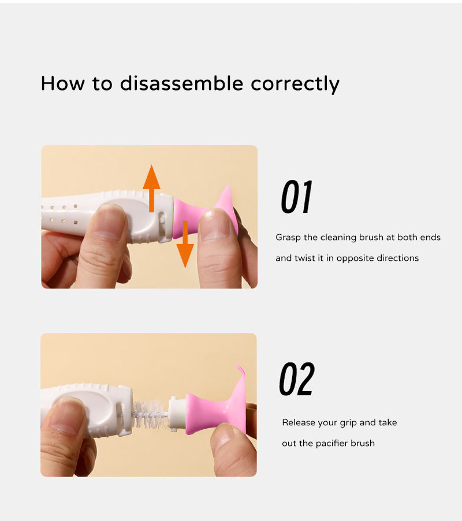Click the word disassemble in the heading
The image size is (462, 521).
pyautogui.click(x=181, y=83)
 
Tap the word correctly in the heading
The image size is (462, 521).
pyautogui.click(x=295, y=84)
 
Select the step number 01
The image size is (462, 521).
pyautogui.click(x=296, y=197)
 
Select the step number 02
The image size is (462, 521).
pyautogui.click(x=297, y=379)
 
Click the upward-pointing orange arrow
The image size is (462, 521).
pyautogui.click(x=152, y=188)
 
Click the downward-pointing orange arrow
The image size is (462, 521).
pyautogui.click(x=185, y=244)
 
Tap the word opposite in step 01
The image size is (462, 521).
pyautogui.click(x=355, y=258)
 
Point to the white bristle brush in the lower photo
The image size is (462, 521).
pyautogui.click(x=150, y=414)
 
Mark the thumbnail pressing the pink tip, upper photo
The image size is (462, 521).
pyautogui.click(x=215, y=225)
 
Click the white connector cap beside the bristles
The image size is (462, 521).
pyautogui.click(x=176, y=414)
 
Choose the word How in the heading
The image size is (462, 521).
pyautogui.click(x=63, y=83)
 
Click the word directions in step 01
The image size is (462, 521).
pyautogui.click(x=397, y=258)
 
